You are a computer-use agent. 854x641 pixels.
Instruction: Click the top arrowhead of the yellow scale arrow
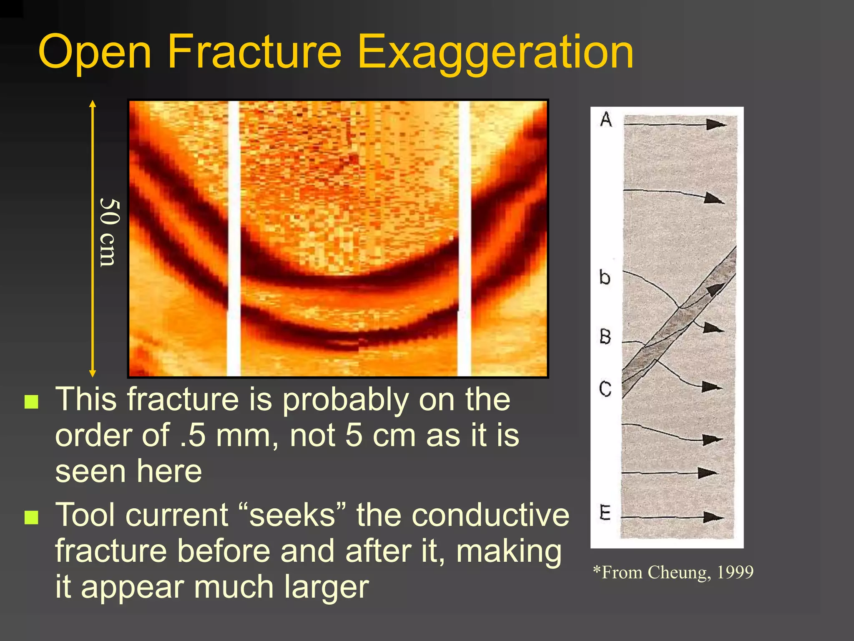tap(93, 103)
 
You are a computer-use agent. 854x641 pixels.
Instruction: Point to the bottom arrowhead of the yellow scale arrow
tap(93, 373)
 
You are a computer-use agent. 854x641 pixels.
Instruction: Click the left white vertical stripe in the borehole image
tap(234, 238)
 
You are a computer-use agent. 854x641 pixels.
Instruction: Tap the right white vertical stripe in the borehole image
tap(464, 238)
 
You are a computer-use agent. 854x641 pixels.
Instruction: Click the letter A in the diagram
tap(606, 119)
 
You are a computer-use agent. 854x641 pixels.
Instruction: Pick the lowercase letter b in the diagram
tap(605, 277)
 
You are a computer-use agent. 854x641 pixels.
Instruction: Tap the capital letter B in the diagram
tap(605, 336)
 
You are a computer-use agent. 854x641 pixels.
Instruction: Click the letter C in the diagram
tap(605, 389)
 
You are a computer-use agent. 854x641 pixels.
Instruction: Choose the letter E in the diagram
tap(605, 512)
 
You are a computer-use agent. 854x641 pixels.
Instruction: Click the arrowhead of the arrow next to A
tap(716, 124)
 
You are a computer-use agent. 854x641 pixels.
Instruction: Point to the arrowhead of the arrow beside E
tap(713, 517)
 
